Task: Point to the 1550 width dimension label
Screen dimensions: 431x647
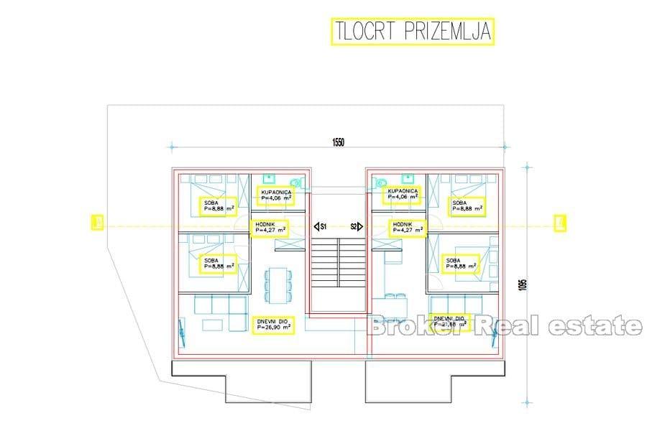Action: tap(339, 142)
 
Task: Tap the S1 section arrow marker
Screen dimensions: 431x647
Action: tap(321, 226)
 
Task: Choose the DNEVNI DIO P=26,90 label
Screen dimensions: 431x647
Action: tap(273, 324)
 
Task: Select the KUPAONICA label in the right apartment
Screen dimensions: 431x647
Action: tap(402, 193)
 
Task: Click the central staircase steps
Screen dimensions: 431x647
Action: tap(339, 277)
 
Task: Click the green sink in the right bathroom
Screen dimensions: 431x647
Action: tap(408, 177)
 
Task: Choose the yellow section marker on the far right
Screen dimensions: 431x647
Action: tap(558, 223)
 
